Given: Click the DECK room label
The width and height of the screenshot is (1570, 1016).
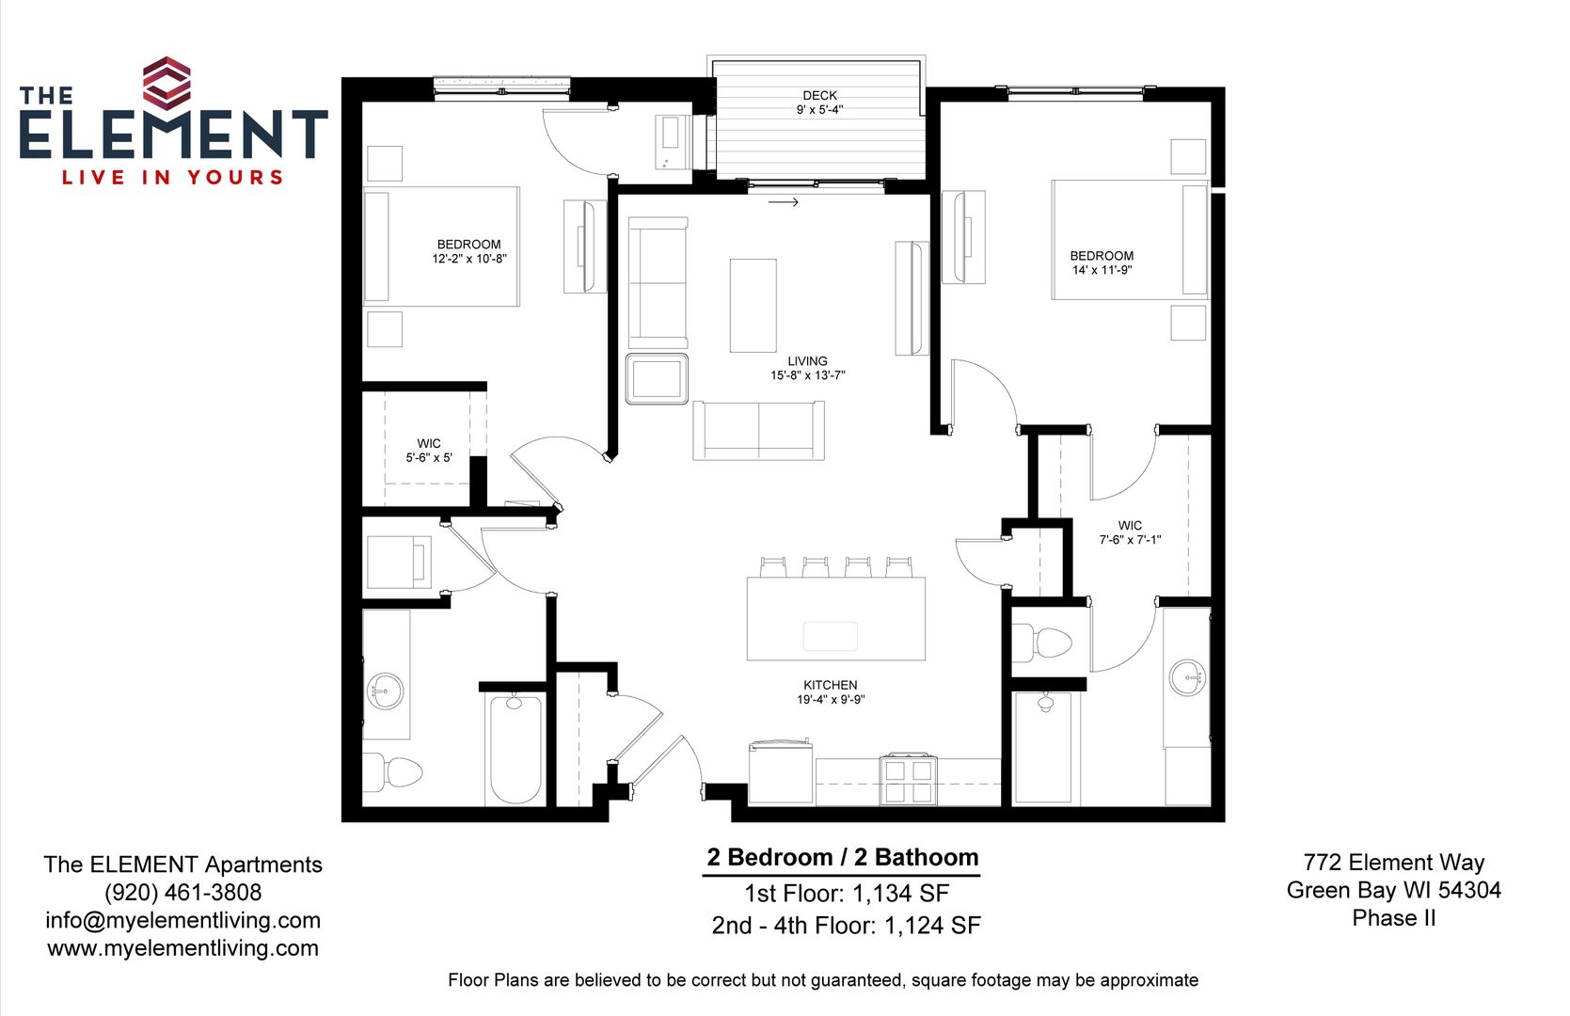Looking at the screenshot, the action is point(819,95).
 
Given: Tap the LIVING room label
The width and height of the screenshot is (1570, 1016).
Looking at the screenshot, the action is point(807,361).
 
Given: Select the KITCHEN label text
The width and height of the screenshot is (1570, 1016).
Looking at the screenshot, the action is point(830,685).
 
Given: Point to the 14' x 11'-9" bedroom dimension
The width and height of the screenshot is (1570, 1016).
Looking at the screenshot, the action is point(1102,270).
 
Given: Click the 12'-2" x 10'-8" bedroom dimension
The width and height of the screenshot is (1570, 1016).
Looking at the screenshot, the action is point(468,259).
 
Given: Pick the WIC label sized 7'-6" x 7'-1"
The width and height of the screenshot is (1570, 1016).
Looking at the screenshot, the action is point(1130,525).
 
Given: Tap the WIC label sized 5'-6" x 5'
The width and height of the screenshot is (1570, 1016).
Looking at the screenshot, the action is point(429,443).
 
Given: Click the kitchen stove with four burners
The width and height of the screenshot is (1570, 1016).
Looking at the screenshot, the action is point(909,779).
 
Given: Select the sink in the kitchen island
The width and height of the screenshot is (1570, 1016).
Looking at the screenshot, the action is point(830,636).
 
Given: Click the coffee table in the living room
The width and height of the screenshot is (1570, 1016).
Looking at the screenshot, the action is point(753,305).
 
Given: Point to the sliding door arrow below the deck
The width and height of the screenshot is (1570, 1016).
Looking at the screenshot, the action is point(783,202).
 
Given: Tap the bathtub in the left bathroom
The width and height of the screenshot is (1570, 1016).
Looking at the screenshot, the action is point(515,749).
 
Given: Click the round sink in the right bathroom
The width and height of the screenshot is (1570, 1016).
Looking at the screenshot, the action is point(1187,678).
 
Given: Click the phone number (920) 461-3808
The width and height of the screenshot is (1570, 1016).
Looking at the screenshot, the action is point(182,892).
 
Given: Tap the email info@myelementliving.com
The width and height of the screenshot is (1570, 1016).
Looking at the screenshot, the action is point(182,920).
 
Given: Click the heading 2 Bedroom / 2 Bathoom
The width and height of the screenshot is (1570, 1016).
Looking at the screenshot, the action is point(843,857).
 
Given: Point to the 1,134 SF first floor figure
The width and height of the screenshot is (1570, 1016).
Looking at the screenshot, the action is point(900,894).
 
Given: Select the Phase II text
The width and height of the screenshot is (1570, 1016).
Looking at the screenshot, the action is point(1393,918).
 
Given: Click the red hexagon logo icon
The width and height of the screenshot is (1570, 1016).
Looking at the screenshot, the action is point(167,84).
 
